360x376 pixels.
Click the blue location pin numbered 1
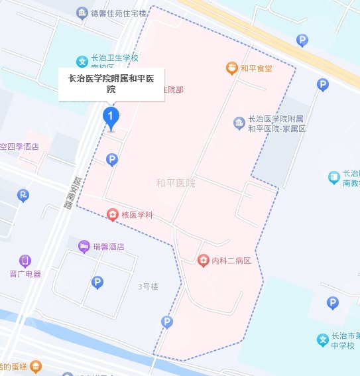point(111,118)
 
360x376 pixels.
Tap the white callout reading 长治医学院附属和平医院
point(111,84)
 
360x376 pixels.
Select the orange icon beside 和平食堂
point(231,68)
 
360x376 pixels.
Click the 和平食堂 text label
point(257,68)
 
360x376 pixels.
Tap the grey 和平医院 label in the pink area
point(176,182)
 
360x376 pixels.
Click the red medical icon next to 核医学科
point(113,215)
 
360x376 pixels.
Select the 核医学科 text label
point(137,215)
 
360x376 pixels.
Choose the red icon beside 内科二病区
point(203,261)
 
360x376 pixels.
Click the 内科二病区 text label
point(231,261)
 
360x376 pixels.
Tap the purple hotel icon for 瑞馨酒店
point(84,247)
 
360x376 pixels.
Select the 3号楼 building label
point(148,286)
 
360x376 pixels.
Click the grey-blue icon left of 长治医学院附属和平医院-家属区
point(239,123)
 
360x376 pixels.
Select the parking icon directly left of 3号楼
point(97,282)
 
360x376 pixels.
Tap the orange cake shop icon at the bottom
point(36,365)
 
